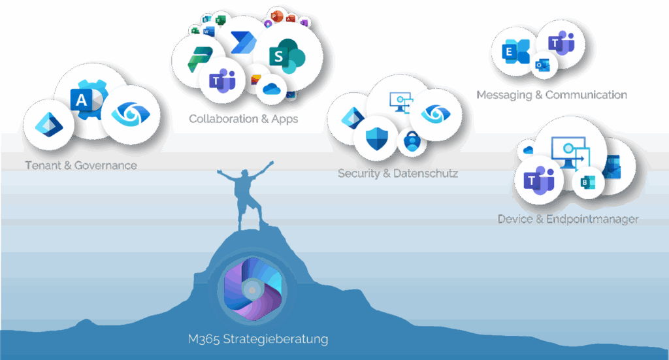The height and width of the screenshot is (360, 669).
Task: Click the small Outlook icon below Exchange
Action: pos(542,64)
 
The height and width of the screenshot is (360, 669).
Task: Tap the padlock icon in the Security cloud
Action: pos(412,140)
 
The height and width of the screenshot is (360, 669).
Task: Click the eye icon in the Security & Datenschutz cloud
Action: pos(432,114)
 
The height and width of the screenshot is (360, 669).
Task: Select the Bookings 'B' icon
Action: pos(585,183)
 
